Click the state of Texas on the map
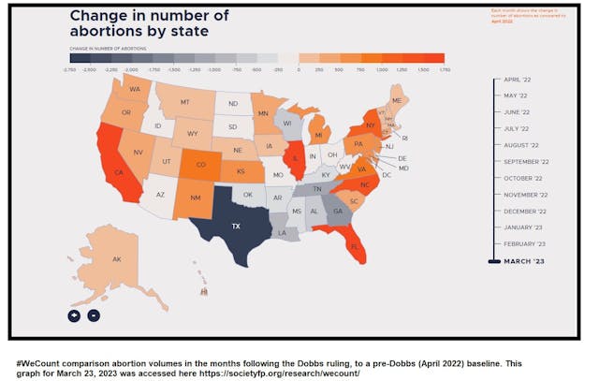236,226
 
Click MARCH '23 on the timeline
524,260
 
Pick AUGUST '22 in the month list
521,145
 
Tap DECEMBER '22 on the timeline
524,211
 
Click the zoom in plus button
74,315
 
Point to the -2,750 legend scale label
69,69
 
